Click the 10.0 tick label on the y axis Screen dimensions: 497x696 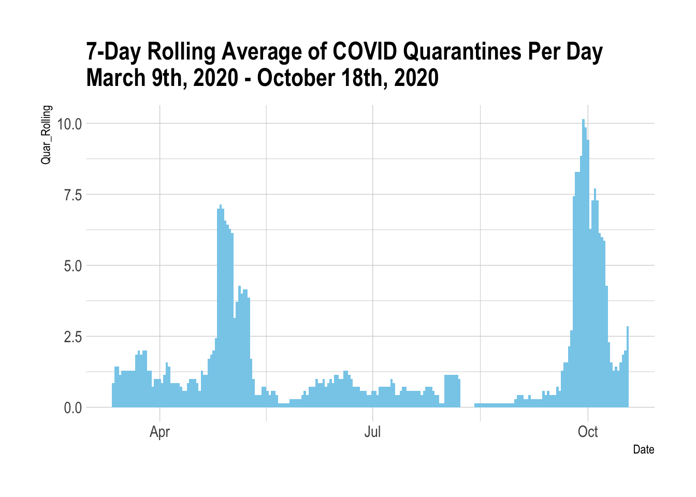[x=69, y=124]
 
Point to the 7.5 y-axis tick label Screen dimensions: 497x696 [x=72, y=195]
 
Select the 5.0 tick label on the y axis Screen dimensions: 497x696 [x=72, y=266]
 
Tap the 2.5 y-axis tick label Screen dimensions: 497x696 [x=72, y=337]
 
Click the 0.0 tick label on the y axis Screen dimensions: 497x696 [x=72, y=408]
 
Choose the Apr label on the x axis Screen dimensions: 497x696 [x=160, y=432]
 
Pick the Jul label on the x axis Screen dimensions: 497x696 [x=372, y=432]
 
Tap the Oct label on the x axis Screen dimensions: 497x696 [x=588, y=432]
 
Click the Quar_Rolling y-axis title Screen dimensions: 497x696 [x=46, y=135]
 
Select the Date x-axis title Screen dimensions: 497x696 [x=643, y=449]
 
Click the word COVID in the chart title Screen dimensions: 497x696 [x=365, y=52]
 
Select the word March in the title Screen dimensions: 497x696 [x=115, y=78]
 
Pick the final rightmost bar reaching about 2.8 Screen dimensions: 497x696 [x=628, y=368]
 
